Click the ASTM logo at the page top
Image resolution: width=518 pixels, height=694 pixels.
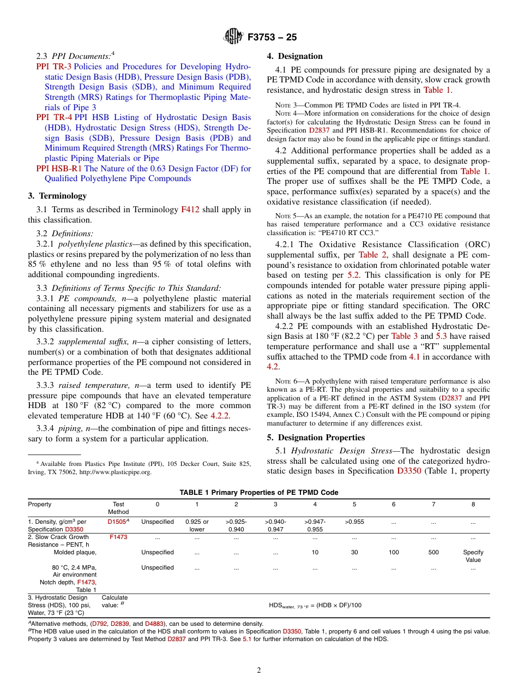(x=233, y=37)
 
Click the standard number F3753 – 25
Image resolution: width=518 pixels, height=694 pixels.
(x=272, y=38)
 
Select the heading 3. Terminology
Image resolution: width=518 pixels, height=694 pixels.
(x=57, y=196)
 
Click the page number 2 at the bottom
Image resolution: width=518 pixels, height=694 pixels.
(x=259, y=671)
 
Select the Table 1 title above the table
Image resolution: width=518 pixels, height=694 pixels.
(x=258, y=493)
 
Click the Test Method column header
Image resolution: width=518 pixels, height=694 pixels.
(x=118, y=508)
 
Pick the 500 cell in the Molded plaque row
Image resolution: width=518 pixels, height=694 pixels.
(x=433, y=552)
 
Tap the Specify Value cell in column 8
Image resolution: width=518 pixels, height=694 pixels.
(x=473, y=556)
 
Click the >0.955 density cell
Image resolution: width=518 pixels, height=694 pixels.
(x=354, y=522)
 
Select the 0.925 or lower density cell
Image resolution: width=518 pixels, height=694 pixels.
(x=197, y=525)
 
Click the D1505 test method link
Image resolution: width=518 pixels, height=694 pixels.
(x=117, y=522)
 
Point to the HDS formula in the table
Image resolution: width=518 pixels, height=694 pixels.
(x=315, y=605)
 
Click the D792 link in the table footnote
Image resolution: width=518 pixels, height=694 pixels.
(x=99, y=624)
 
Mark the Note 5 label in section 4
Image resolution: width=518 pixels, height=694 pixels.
(x=284, y=216)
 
